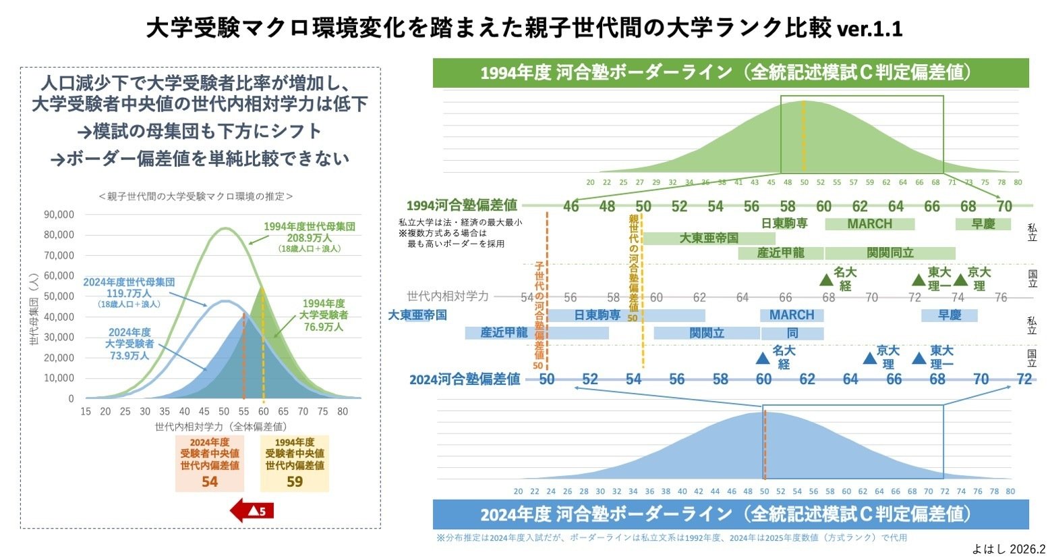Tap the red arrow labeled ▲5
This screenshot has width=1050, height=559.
(252, 510)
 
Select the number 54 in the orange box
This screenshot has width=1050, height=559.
(210, 482)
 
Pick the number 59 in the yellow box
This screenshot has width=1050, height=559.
(295, 482)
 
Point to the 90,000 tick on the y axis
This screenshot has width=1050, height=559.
(59, 215)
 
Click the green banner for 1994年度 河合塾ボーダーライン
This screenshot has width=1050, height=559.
(730, 73)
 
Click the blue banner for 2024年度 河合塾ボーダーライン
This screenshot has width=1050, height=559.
(730, 514)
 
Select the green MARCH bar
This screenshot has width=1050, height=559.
(869, 224)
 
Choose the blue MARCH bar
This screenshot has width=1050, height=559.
(792, 315)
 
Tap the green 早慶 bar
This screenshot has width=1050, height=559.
(983, 224)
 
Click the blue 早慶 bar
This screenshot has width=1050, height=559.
(949, 315)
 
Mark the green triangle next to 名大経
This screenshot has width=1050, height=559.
(826, 279)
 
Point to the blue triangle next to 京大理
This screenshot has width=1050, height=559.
(870, 358)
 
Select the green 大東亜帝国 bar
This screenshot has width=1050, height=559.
(708, 238)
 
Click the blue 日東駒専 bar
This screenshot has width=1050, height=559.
(597, 315)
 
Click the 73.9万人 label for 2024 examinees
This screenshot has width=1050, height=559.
(129, 355)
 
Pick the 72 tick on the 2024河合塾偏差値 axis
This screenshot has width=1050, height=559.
(1024, 379)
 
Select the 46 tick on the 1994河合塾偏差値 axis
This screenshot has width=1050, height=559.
(571, 206)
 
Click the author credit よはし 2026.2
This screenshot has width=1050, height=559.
(1008, 549)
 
